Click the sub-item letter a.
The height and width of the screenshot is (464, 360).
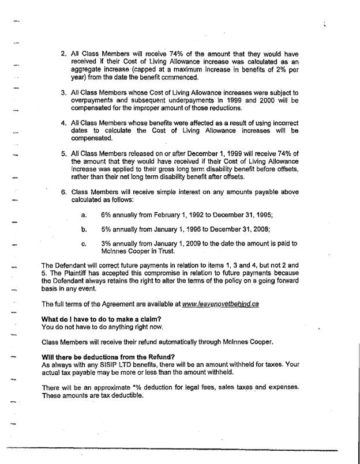point(84,215)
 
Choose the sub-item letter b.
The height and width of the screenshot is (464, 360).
point(84,229)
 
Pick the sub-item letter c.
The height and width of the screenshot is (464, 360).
point(84,244)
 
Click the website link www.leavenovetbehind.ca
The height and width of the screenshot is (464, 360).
point(220,304)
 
